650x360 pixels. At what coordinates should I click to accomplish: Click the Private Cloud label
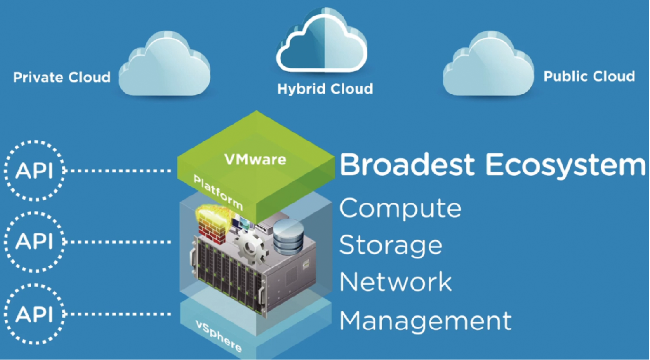click(62, 77)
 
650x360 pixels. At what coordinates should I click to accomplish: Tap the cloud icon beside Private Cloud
click(164, 66)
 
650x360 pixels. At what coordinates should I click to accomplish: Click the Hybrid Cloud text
click(325, 89)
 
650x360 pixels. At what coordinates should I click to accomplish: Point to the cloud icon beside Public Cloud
click(488, 66)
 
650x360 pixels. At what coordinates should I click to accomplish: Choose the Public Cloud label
click(589, 76)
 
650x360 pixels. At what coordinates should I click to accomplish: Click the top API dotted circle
click(34, 170)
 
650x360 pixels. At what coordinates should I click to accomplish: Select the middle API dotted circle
click(34, 242)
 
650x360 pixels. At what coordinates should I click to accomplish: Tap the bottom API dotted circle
click(34, 314)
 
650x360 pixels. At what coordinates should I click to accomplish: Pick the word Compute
click(400, 208)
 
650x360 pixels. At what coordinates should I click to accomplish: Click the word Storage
click(391, 245)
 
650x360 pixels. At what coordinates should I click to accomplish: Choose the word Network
click(396, 282)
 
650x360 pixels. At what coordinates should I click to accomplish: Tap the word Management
click(425, 320)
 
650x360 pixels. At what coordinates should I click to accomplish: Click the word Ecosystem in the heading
click(559, 165)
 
